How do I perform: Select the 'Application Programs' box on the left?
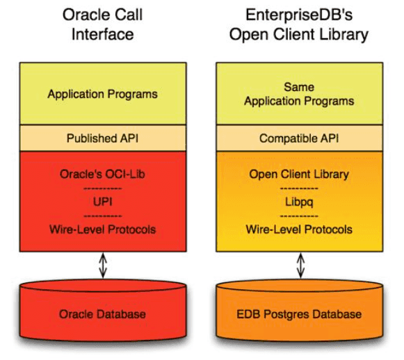point(102,94)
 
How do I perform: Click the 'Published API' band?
point(102,138)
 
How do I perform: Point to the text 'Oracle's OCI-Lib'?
point(102,174)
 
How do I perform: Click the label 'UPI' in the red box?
point(102,202)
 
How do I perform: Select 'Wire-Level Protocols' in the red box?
point(102,229)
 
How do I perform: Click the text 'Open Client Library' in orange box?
point(300,174)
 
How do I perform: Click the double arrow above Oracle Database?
point(102,265)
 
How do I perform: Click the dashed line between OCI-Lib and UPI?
point(102,188)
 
